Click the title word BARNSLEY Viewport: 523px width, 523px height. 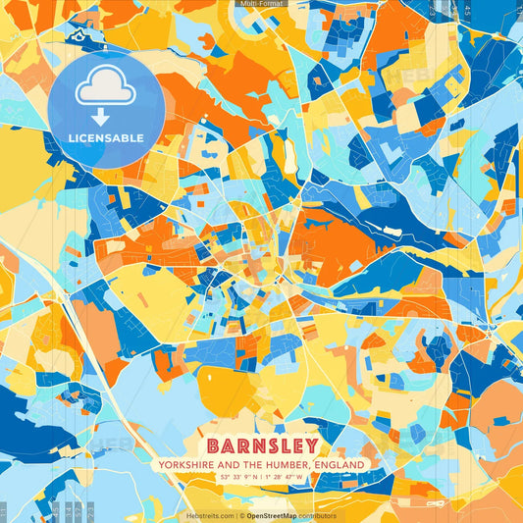click(x=262, y=445)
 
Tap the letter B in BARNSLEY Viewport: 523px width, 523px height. click(x=213, y=445)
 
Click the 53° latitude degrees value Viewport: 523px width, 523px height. click(x=225, y=477)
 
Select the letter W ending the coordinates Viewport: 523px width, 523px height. click(x=299, y=477)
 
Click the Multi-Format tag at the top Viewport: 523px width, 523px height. click(x=261, y=4)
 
